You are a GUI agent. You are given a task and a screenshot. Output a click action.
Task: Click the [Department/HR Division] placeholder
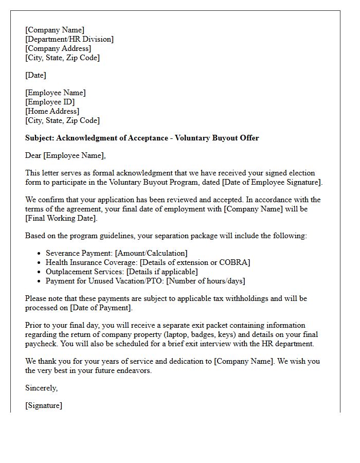[69, 39]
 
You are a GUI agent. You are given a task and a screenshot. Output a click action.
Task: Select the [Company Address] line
[58, 48]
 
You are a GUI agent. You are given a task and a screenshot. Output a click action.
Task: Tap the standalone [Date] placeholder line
[35, 75]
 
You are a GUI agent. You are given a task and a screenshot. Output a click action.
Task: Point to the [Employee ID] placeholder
[50, 102]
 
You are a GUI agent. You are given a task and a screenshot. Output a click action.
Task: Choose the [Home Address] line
[52, 111]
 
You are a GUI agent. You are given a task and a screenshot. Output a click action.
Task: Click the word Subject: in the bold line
[40, 138]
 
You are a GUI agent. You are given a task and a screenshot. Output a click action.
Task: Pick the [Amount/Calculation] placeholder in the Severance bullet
[152, 253]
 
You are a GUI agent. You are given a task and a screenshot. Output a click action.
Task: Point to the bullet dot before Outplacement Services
[40, 272]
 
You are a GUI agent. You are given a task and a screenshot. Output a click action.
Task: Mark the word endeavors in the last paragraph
[133, 370]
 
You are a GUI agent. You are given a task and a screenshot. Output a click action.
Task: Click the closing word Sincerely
[41, 388]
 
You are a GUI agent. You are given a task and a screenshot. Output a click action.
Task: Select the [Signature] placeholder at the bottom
[44, 405]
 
